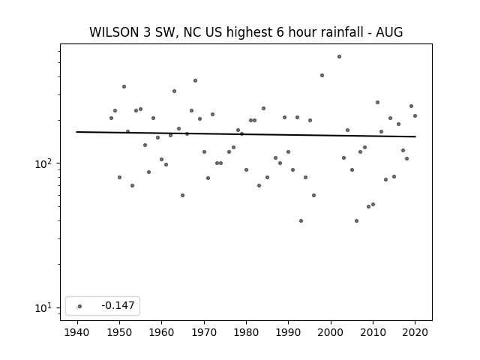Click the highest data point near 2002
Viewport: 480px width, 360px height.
(339, 57)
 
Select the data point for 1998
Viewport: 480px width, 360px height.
(322, 75)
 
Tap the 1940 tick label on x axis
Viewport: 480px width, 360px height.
(76, 332)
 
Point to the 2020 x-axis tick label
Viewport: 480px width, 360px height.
(415, 332)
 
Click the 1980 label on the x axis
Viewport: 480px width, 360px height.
(246, 332)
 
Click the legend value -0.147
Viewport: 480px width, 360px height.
(118, 305)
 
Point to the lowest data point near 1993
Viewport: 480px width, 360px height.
(301, 220)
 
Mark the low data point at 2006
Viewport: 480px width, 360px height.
(356, 220)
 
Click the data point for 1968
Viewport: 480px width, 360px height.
(195, 80)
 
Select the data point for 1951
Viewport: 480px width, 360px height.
(124, 87)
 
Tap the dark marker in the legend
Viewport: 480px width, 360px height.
(80, 306)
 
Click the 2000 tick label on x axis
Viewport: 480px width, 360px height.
(331, 332)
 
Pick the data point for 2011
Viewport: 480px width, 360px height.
(377, 102)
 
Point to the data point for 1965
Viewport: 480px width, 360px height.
(182, 195)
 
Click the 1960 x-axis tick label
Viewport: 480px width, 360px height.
(161, 332)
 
